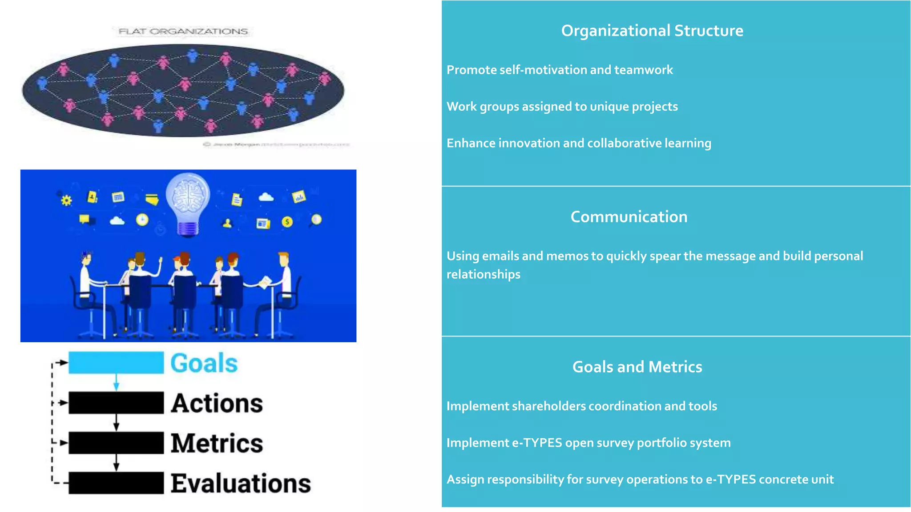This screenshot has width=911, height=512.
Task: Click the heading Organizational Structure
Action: tap(652, 31)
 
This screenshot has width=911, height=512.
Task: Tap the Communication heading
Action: tap(629, 217)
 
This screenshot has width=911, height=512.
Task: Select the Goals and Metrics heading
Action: tap(637, 367)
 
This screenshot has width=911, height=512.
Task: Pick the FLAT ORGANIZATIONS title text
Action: tap(183, 32)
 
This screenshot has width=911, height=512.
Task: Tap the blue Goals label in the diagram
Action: tap(204, 363)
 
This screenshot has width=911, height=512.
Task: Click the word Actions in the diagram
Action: tap(217, 403)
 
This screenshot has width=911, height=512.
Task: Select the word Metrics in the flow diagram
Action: tap(217, 443)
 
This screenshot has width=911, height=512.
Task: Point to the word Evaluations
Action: tap(241, 484)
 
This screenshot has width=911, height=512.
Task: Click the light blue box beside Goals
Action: tap(116, 363)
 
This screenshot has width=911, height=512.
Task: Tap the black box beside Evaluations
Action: tap(116, 483)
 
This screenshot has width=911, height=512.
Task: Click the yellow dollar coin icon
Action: tap(287, 222)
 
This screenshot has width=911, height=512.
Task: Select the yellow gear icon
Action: tap(66, 200)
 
